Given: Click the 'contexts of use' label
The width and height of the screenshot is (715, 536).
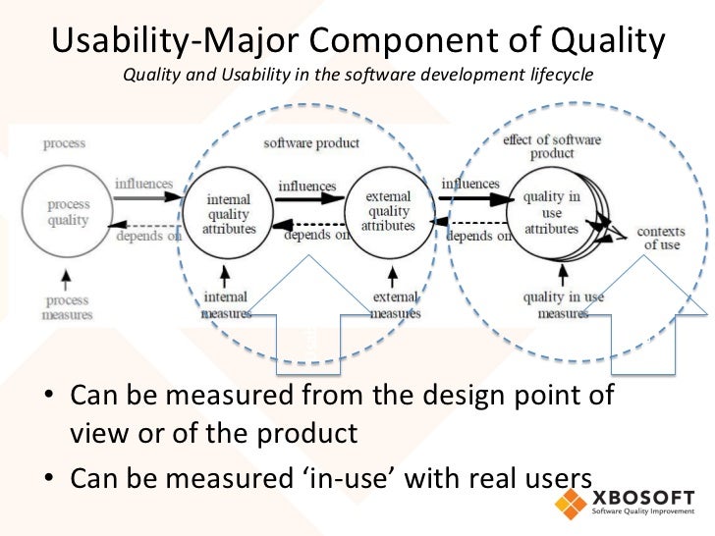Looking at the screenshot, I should tap(661, 239).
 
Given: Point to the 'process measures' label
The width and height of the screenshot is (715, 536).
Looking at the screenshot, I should tap(68, 306).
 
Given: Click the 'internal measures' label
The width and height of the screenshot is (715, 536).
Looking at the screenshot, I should tap(226, 305).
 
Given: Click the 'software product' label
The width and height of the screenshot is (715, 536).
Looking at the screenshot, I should tap(311, 143).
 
